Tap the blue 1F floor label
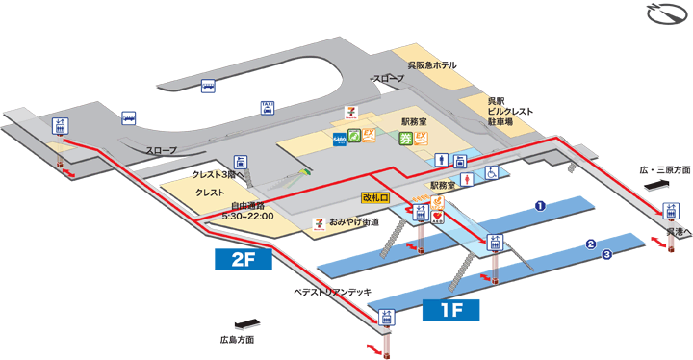click(x=450, y=310)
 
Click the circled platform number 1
click(x=514, y=205)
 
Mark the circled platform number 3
click(x=607, y=255)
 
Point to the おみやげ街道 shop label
click(x=354, y=221)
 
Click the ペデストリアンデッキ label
click(x=326, y=289)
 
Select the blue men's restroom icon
click(x=443, y=159)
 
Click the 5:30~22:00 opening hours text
click(x=247, y=216)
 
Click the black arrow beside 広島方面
click(x=243, y=324)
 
